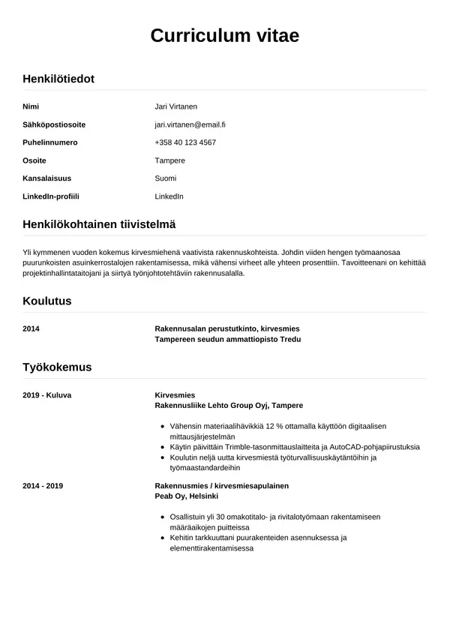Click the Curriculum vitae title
click(x=225, y=36)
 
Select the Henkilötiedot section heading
click(x=58, y=79)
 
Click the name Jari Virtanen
click(x=175, y=106)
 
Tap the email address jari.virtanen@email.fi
click(x=190, y=124)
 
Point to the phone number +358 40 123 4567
click(x=185, y=142)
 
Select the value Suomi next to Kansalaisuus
click(x=165, y=178)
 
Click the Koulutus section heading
click(x=47, y=301)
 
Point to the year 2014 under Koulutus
click(x=31, y=329)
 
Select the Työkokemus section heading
click(x=58, y=367)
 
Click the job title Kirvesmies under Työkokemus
click(x=174, y=394)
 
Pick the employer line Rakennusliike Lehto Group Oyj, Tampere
click(x=229, y=405)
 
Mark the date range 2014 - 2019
click(x=43, y=486)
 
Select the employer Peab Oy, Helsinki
click(x=186, y=496)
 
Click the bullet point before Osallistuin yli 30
click(x=163, y=517)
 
